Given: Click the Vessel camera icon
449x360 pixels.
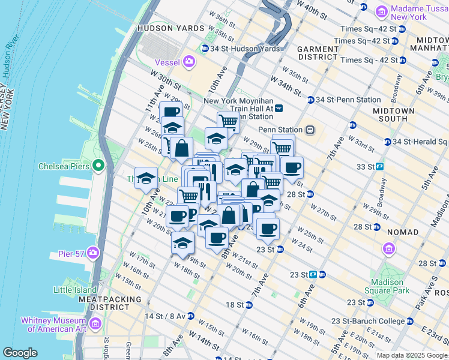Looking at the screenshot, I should point(190,61).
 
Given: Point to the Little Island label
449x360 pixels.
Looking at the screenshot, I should point(75,290).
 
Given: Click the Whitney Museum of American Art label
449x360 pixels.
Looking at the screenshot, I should point(54,324).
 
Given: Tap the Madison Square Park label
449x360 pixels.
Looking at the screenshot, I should point(387,286).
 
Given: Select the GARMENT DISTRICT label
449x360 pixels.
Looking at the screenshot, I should point(317,53).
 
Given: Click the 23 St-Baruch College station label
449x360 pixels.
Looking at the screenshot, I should point(371,321).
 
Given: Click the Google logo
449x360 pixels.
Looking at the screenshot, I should point(20,353).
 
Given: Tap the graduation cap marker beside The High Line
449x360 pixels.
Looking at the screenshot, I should point(145,178).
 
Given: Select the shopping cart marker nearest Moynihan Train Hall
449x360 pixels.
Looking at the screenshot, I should point(228,122).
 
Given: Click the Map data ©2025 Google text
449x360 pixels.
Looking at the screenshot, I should point(411,355).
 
